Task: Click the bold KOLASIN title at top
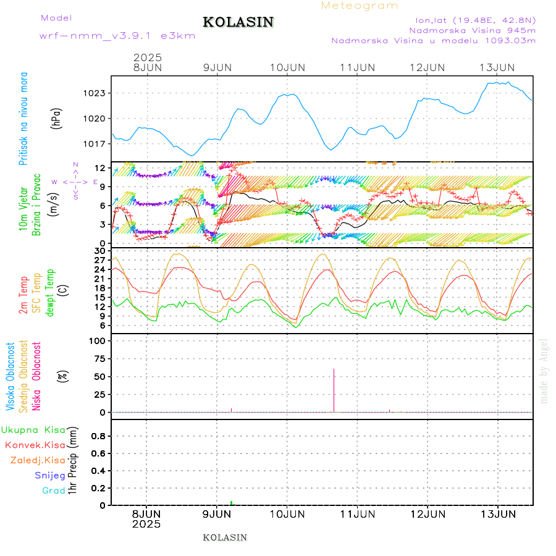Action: [238, 22]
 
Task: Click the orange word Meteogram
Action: [360, 6]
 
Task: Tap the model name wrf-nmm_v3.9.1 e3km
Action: [117, 36]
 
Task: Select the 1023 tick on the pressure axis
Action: [96, 93]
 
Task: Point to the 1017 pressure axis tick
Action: [96, 144]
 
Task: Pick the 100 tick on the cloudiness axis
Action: [99, 340]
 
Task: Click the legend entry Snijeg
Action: [50, 475]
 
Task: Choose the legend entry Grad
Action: [53, 491]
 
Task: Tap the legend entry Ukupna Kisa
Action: [33, 429]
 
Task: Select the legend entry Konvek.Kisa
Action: [35, 445]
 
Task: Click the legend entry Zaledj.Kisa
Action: [38, 460]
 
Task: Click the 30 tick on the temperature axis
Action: [99, 251]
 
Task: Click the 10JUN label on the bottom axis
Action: [287, 514]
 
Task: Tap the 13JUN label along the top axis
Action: [498, 67]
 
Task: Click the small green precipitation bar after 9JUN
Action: [231, 503]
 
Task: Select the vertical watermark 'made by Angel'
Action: [544, 371]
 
